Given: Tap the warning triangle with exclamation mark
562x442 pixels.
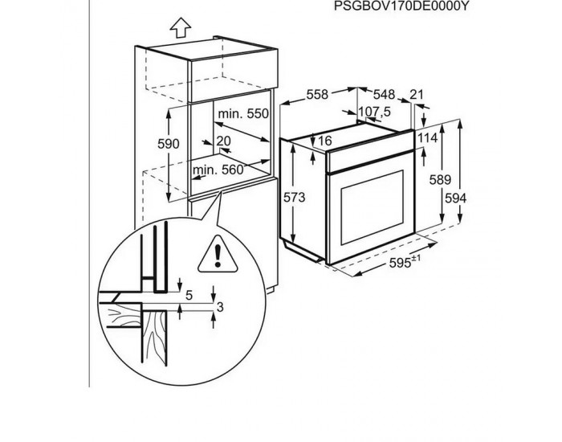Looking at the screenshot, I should (218, 255).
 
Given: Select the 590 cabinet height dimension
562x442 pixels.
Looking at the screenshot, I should (167, 145).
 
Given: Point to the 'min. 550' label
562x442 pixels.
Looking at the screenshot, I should (245, 115).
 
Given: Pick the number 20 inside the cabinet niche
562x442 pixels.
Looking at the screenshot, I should (224, 141).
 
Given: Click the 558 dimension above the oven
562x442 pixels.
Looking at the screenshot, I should (318, 95).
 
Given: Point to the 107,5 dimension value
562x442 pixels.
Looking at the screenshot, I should (373, 112).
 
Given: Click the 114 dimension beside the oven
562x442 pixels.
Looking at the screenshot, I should (428, 138).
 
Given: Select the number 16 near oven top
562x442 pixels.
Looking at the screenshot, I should (324, 141).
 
